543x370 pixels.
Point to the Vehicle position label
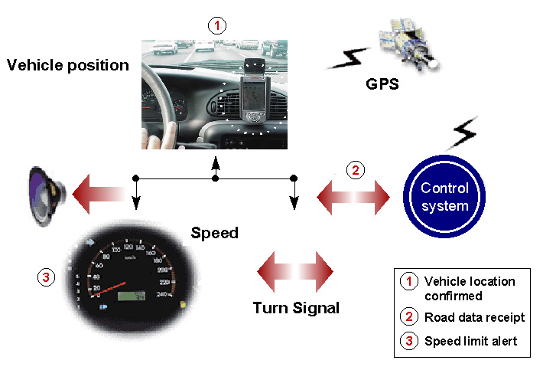pos(68,65)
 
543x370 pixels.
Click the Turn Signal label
pos(296,309)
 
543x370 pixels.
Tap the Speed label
pos(215,233)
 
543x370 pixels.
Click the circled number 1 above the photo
pos(217,25)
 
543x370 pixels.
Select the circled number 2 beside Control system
pos(355,170)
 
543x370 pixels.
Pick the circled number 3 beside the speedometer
pos(47,277)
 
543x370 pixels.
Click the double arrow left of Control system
pos(353,198)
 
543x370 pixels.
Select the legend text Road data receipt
pos(474,317)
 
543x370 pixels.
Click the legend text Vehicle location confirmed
pos(470,288)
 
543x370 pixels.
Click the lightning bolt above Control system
pos(463,134)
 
